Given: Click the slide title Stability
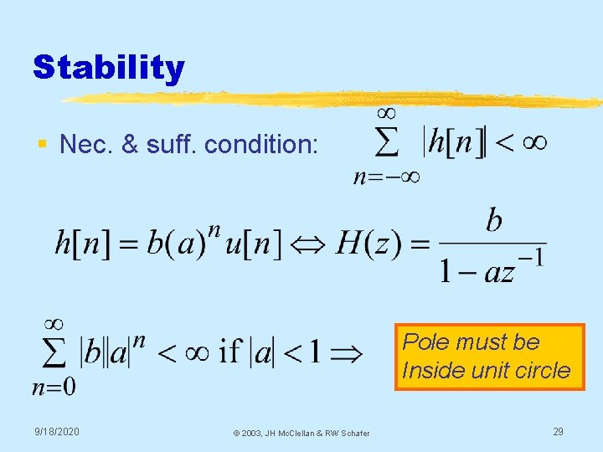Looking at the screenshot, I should pyautogui.click(x=108, y=67).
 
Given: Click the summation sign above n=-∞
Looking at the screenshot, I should pyautogui.click(x=386, y=143).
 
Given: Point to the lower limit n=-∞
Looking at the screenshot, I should pyautogui.click(x=386, y=177).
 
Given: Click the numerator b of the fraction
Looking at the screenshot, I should pyautogui.click(x=494, y=220).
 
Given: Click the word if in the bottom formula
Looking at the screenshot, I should pyautogui.click(x=230, y=352).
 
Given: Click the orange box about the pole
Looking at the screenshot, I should pyautogui.click(x=489, y=357).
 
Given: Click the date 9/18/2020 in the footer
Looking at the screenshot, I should pyautogui.click(x=57, y=431).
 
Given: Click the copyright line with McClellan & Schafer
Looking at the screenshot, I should pyautogui.click(x=301, y=433).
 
